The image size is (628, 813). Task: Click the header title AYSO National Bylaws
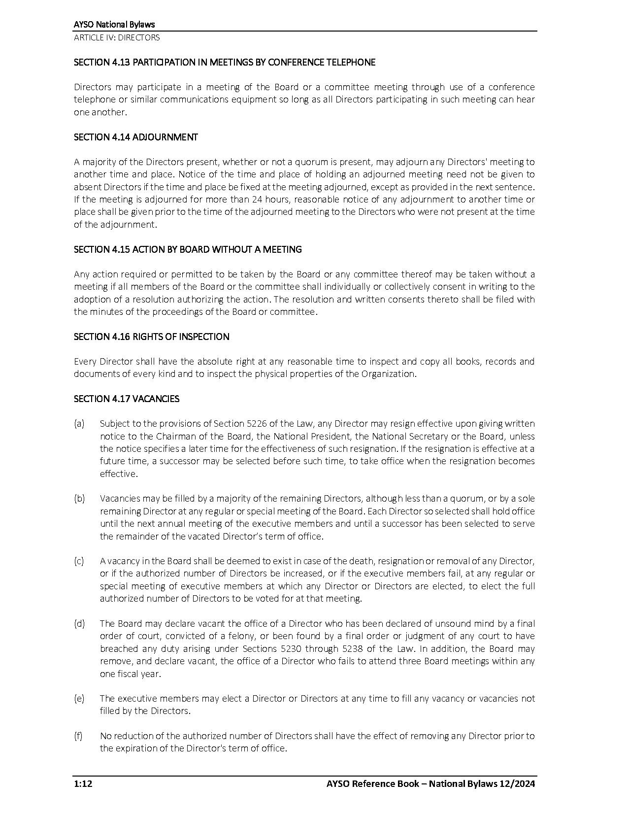point(114,25)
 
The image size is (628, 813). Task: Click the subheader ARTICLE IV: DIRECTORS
point(117,37)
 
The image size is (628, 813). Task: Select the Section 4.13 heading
point(225,62)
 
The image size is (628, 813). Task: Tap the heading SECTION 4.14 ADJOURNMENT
point(135,137)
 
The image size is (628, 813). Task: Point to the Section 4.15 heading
point(188,249)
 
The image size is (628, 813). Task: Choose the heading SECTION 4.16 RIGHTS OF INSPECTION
point(151,337)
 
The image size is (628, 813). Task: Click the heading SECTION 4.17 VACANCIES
point(127,399)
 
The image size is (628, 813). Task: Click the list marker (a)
point(79,424)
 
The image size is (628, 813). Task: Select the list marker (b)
point(79,499)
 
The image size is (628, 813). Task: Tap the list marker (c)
point(79,561)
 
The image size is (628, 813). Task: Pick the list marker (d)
point(79,624)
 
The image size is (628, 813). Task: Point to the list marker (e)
point(79,699)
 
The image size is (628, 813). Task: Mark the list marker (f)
point(78,736)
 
